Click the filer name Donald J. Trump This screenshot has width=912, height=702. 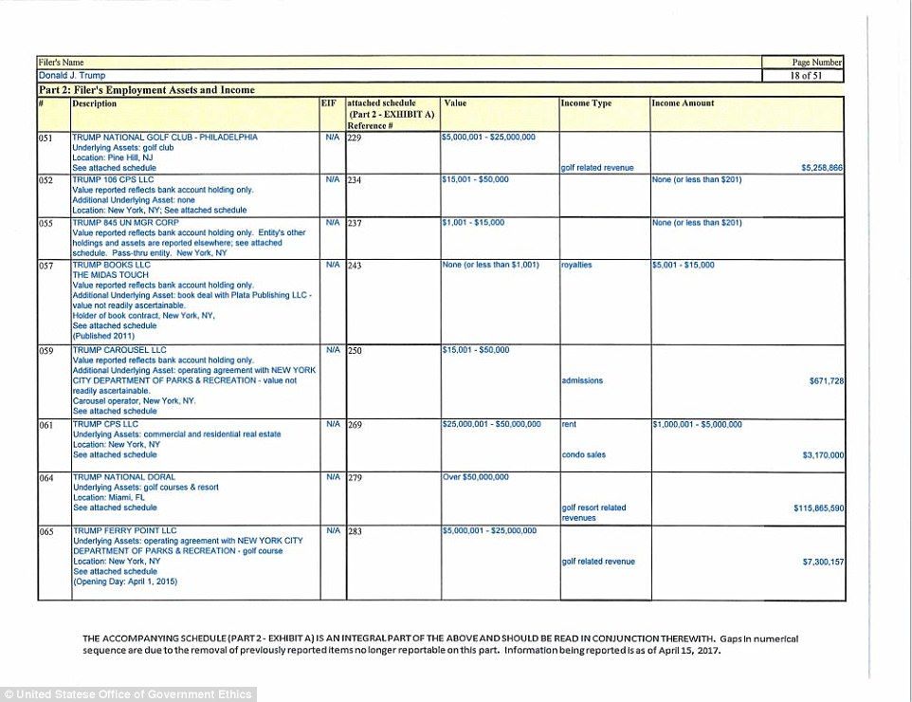tap(72, 75)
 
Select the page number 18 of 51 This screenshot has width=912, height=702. tap(802, 75)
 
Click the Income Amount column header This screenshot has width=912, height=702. tap(683, 102)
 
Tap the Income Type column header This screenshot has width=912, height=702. tap(586, 102)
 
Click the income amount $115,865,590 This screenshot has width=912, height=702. tap(818, 508)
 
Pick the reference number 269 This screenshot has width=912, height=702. tap(356, 425)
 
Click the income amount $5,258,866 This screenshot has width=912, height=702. tap(822, 168)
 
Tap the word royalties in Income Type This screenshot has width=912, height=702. tap(576, 266)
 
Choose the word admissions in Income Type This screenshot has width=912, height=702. tap(582, 380)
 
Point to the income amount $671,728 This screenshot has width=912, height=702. tap(826, 380)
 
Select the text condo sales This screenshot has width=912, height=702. tap(583, 455)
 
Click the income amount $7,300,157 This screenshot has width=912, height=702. tap(822, 562)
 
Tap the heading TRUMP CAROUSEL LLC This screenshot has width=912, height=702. tap(119, 350)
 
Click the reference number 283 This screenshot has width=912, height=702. tap(356, 531)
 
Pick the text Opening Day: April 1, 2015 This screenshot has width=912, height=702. tap(125, 582)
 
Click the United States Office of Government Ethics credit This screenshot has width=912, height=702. tap(127, 694)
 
